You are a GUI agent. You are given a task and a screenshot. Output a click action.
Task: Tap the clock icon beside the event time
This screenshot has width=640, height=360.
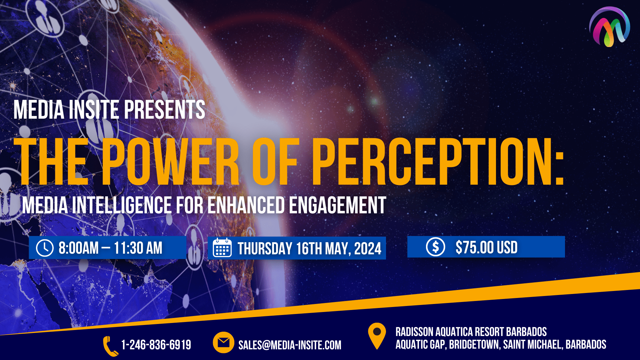click(x=45, y=248)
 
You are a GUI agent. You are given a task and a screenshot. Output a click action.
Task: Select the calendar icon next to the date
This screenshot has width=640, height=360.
click(x=222, y=248)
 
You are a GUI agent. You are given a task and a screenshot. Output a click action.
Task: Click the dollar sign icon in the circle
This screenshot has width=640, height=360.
click(x=435, y=247)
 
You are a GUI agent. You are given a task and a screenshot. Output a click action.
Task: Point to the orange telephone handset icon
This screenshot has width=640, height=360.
click(x=110, y=346)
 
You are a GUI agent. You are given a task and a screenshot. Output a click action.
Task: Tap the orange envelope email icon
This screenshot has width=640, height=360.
click(x=223, y=342)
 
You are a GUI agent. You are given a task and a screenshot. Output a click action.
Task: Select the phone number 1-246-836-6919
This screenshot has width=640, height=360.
click(x=156, y=345)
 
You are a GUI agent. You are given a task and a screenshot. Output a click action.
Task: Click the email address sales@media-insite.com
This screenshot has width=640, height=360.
click(x=290, y=345)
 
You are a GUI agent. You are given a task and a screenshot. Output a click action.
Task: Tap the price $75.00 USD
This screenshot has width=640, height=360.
click(x=486, y=247)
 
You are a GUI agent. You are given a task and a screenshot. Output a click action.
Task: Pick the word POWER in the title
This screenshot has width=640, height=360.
click(x=170, y=161)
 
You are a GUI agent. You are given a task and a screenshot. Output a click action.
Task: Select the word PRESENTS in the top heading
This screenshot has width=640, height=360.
click(x=165, y=110)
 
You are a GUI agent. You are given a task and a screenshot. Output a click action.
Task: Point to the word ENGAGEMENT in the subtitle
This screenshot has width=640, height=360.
click(x=337, y=205)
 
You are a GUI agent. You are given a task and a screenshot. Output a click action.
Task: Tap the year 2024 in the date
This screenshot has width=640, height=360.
click(x=368, y=249)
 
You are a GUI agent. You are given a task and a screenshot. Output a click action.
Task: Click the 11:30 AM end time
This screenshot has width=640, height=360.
click(x=138, y=248)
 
